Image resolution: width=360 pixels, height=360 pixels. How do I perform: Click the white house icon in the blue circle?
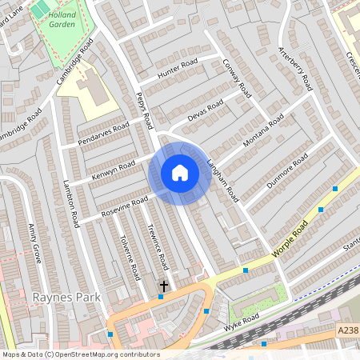pos(179,173)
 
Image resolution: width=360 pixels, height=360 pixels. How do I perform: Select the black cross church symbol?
pos(164,286)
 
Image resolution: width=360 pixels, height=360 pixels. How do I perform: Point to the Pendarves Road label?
pos(103,134)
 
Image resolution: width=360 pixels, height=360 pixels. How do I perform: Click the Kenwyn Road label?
pos(114,170)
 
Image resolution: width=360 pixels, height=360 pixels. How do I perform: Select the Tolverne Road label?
pos(125,250)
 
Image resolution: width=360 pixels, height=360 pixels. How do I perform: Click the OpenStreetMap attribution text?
pos(80,354)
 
